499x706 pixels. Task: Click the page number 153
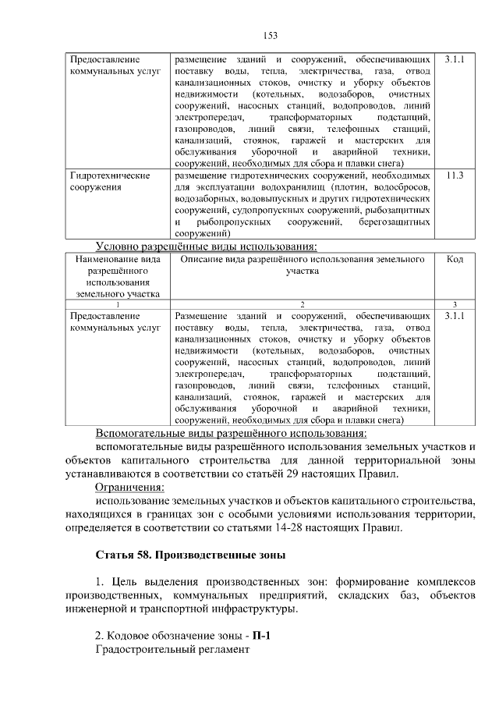pos(271,35)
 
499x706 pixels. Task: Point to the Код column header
pos(454,259)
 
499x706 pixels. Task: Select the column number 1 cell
pos(115,303)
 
